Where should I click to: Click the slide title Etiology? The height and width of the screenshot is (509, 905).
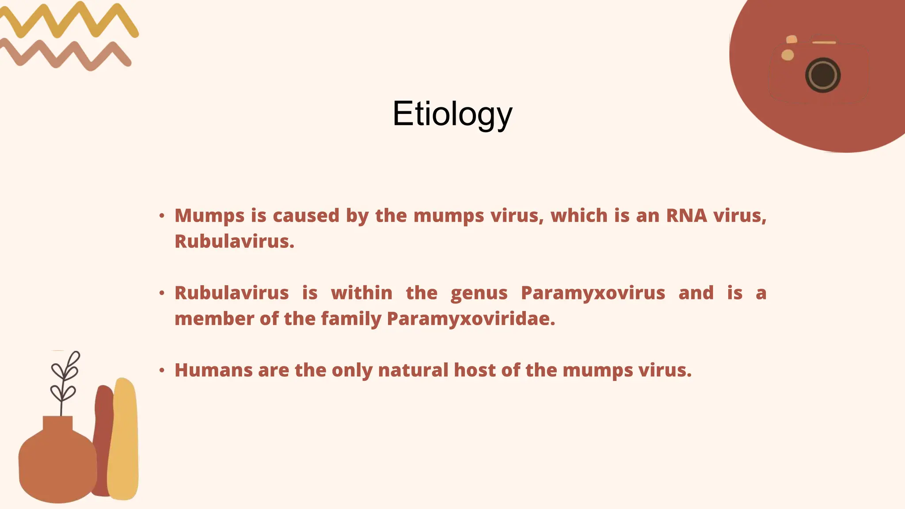click(x=452, y=114)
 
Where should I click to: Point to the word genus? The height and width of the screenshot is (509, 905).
click(x=479, y=293)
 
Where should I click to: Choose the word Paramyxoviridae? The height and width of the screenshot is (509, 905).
click(x=471, y=319)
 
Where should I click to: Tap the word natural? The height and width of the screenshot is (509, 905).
click(x=413, y=370)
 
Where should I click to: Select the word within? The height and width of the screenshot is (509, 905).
click(x=361, y=293)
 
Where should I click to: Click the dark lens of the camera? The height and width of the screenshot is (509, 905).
click(x=822, y=75)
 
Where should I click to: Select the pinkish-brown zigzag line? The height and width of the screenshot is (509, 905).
click(x=66, y=55)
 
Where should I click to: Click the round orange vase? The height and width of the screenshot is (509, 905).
click(x=57, y=464)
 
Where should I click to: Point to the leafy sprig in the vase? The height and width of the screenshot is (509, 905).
click(x=65, y=380)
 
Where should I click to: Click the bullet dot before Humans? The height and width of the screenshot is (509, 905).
click(x=162, y=370)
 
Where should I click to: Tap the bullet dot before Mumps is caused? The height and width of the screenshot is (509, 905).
click(x=162, y=216)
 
